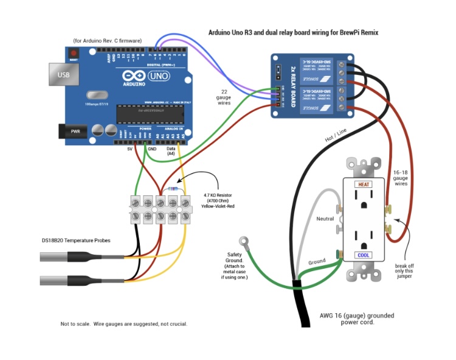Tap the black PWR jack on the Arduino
pyautogui.click(x=72, y=130)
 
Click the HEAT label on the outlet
pyautogui.click(x=364, y=184)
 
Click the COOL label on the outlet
pyautogui.click(x=364, y=255)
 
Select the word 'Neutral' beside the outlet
pyautogui.click(x=326, y=218)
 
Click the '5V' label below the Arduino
pyautogui.click(x=130, y=149)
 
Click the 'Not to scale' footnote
pyautogui.click(x=124, y=324)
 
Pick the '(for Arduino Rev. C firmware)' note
pyautogui.click(x=107, y=41)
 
